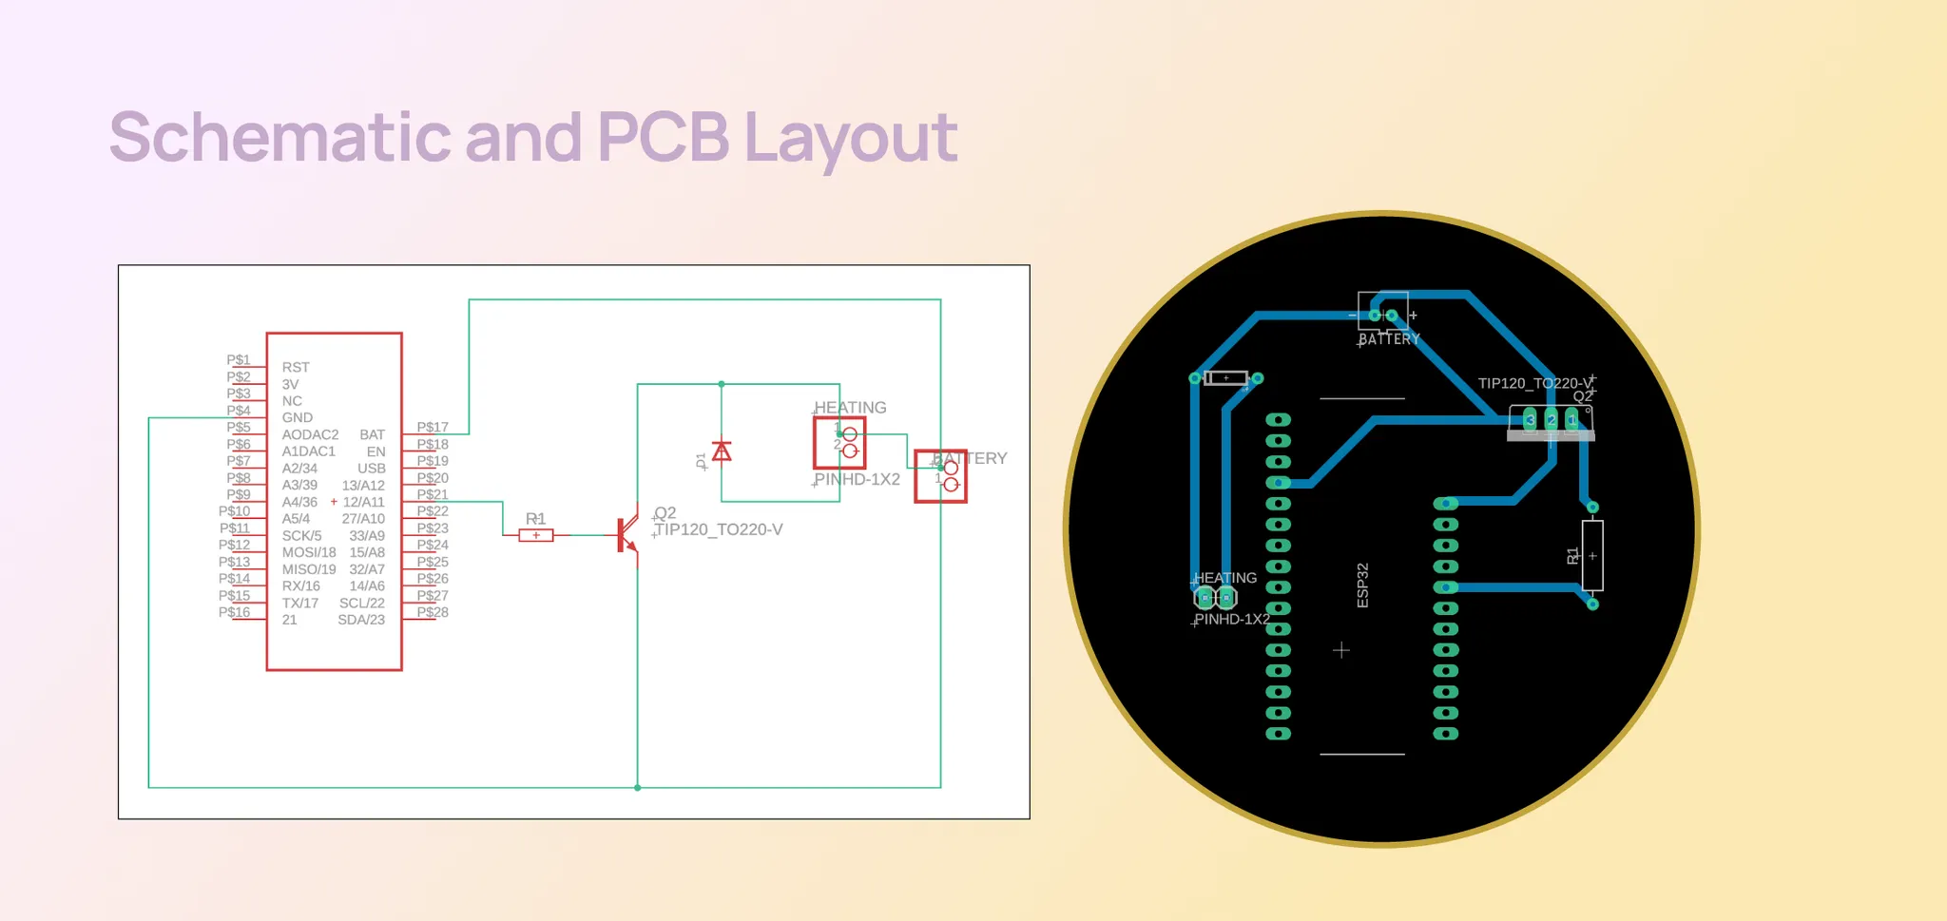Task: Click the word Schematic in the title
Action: (x=280, y=138)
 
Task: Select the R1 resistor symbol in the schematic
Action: (x=536, y=535)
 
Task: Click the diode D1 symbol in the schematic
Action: (x=722, y=451)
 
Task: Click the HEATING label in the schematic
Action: (x=850, y=408)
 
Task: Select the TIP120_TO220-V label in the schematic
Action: (x=719, y=529)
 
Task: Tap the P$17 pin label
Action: (x=433, y=427)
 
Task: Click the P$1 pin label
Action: (x=239, y=359)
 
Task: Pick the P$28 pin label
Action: (x=433, y=612)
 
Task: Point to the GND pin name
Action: (x=297, y=417)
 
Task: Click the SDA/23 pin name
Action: (x=361, y=620)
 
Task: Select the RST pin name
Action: (x=296, y=367)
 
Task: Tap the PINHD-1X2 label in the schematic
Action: (x=857, y=479)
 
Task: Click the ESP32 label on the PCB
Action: (x=1362, y=585)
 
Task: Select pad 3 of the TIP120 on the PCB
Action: (x=1530, y=419)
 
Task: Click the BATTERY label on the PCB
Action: (x=1389, y=339)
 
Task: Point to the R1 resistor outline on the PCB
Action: (x=1592, y=556)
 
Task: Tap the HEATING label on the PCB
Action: (x=1224, y=578)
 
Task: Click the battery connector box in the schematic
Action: (x=940, y=476)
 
